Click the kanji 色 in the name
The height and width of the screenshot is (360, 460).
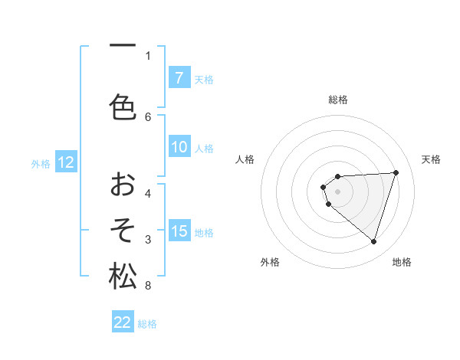pos(123,106)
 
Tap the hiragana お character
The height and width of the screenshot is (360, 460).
pos(123,185)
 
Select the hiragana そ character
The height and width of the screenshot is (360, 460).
pos(123,230)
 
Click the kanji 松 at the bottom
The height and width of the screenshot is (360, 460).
pos(123,276)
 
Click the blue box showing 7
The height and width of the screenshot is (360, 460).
pos(179,78)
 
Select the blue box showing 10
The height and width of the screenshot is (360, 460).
pos(179,148)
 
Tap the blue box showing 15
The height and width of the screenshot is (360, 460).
pos(179,231)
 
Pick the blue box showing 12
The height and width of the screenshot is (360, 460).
pos(66,162)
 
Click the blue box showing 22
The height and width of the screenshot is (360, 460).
pos(123,322)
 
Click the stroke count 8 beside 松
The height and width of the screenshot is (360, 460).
pos(148,286)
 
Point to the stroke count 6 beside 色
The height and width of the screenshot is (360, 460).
pos(148,116)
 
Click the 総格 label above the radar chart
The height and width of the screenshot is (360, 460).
pos(338,100)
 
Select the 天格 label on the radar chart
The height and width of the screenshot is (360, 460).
pos(431,159)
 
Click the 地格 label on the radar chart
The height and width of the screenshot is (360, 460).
pos(402,262)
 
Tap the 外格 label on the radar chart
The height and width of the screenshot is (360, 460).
pos(270,262)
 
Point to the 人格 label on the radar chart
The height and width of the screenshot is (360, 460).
pos(245,159)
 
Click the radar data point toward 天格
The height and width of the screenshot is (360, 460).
pos(396,172)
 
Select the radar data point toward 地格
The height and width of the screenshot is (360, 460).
pos(373,242)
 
